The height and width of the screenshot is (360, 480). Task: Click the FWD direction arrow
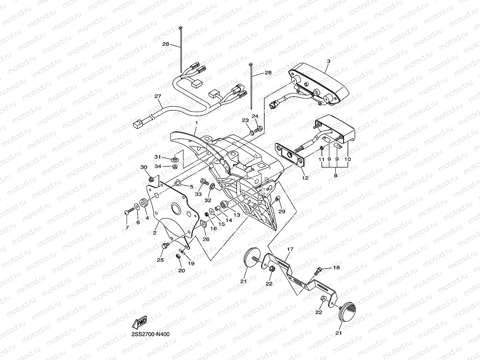(140, 322)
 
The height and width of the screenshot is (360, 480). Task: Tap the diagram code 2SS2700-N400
(150, 334)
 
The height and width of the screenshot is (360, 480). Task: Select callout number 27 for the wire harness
(158, 96)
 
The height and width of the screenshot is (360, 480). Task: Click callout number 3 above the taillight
(329, 62)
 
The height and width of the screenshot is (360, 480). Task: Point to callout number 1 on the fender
(196, 123)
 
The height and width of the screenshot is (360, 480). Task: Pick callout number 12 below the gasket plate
(305, 178)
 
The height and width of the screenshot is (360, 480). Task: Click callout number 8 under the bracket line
(336, 175)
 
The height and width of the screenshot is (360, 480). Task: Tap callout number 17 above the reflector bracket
(290, 249)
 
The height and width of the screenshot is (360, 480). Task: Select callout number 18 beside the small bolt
(336, 268)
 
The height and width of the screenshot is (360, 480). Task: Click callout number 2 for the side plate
(155, 233)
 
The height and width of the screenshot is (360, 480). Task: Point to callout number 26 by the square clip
(206, 239)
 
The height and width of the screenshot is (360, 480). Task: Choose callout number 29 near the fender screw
(282, 211)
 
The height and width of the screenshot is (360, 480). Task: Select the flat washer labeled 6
(137, 207)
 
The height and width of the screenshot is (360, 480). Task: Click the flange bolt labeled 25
(165, 246)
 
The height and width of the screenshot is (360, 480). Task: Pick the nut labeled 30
(151, 179)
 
